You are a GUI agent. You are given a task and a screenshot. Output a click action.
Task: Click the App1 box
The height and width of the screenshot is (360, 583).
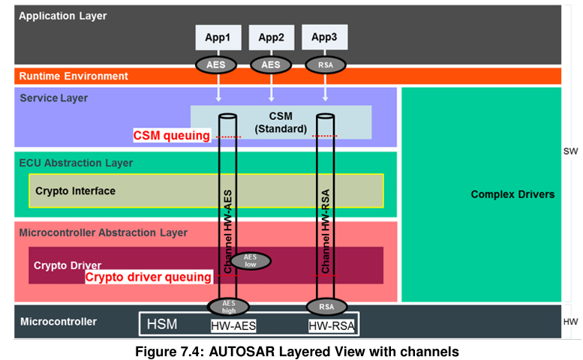pyautogui.click(x=218, y=37)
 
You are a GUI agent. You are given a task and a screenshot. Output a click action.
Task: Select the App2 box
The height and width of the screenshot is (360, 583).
pyautogui.click(x=271, y=37)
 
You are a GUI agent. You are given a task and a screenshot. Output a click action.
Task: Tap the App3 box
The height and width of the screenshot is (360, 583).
pyautogui.click(x=324, y=37)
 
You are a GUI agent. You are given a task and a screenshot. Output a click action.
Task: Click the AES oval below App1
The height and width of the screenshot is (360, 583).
pyautogui.click(x=218, y=64)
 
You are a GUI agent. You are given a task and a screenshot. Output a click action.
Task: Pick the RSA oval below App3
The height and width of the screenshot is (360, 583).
pyautogui.click(x=325, y=64)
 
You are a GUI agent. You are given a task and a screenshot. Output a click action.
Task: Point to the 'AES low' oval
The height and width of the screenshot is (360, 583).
pyautogui.click(x=249, y=261)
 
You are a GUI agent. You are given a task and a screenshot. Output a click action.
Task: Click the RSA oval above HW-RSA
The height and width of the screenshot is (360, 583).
pyautogui.click(x=325, y=306)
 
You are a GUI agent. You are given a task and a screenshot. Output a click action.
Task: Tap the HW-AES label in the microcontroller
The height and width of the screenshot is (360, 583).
pyautogui.click(x=234, y=325)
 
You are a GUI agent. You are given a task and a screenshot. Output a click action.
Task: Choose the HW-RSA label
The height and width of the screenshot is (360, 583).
pyautogui.click(x=331, y=325)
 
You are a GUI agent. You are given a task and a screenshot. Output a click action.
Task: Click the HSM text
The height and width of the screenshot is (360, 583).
pyautogui.click(x=163, y=324)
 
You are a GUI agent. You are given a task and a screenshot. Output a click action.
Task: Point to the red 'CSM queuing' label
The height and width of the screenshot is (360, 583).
pyautogui.click(x=171, y=136)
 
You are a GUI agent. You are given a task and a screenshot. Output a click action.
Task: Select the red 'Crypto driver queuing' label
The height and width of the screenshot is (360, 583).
pyautogui.click(x=148, y=277)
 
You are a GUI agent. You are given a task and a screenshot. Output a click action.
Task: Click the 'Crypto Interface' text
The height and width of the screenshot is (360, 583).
pyautogui.click(x=75, y=190)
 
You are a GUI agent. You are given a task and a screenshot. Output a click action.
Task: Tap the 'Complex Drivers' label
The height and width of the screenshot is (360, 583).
pyautogui.click(x=512, y=194)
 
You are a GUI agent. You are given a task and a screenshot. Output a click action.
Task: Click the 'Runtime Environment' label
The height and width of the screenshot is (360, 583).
pyautogui.click(x=74, y=76)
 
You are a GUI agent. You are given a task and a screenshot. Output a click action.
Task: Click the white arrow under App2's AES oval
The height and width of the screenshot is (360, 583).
pyautogui.click(x=271, y=92)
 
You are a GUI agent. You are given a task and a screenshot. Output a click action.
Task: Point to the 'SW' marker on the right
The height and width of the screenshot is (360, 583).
pyautogui.click(x=571, y=151)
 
